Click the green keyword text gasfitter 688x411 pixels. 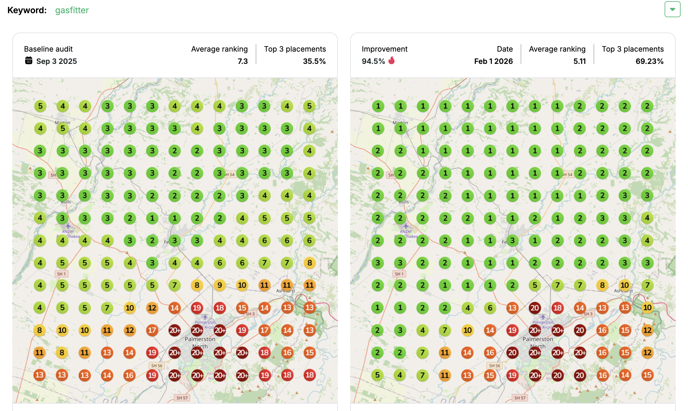coord(72,10)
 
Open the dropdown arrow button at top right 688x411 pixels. coord(672,9)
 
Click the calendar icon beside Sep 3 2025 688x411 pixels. coord(29,61)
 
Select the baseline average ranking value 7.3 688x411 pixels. coord(242,61)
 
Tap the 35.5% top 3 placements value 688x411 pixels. coord(314,61)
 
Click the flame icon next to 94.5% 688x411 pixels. coord(391,61)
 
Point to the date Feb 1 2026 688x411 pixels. coord(493,61)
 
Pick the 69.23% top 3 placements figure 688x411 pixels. coord(649,61)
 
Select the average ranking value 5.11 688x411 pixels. coord(579,61)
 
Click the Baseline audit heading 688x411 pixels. coord(48,49)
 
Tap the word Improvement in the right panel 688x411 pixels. coord(384,49)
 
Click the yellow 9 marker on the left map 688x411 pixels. coord(219,285)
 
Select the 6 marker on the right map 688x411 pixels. coord(490,307)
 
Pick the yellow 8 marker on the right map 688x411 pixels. coord(602,285)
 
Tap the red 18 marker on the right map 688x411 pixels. coord(557,307)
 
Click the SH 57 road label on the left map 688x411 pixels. coord(182,398)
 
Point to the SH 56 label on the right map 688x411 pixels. coord(494,366)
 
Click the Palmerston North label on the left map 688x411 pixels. coord(200,342)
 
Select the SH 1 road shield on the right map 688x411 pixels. coord(399,274)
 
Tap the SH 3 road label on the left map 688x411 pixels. coord(250,314)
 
